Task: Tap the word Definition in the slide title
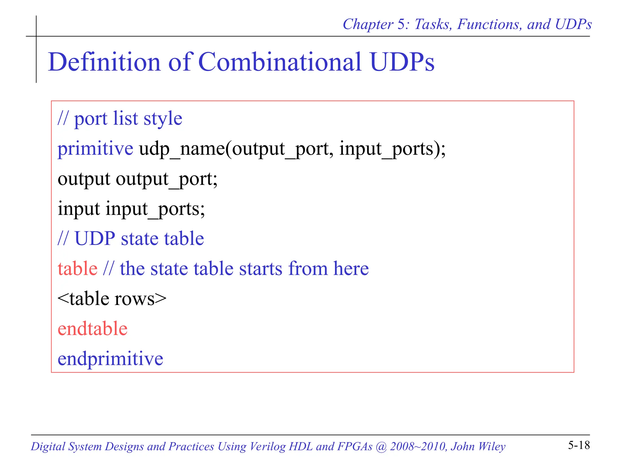104,62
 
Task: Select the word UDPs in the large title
402,62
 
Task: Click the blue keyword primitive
95,149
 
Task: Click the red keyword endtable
92,329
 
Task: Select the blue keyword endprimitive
110,359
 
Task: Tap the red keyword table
78,268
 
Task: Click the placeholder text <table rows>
112,299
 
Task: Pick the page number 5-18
579,445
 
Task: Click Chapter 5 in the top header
376,24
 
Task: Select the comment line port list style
120,118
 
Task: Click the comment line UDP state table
131,238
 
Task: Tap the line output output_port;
137,179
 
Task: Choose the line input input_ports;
131,209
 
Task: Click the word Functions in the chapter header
489,24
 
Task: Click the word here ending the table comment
351,268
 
